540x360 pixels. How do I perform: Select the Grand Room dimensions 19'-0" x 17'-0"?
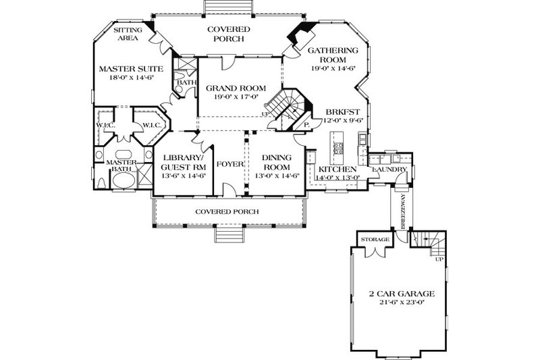pyautogui.click(x=236, y=98)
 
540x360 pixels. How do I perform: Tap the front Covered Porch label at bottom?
pyautogui.click(x=227, y=211)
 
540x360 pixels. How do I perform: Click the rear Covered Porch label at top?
pyautogui.click(x=228, y=34)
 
